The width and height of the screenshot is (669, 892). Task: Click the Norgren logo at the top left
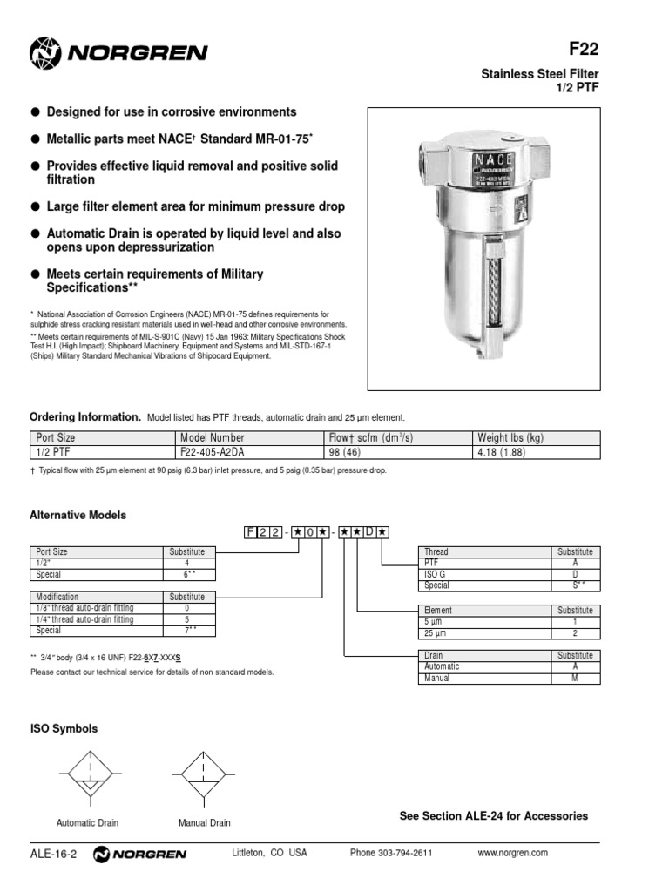pos(118,53)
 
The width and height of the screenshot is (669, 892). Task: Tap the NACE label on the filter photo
pos(492,160)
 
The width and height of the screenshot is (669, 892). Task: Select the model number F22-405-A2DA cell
pos(213,453)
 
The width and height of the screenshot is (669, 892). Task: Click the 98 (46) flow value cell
pos(352,453)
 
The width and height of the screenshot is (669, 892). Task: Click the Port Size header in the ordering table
pos(55,437)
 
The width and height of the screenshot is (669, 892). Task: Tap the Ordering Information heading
pos(85,417)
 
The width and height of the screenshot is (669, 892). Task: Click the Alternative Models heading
pos(78,515)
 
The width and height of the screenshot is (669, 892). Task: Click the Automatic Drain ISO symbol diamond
pos(88,773)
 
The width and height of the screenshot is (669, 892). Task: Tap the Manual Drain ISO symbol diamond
pos(204,773)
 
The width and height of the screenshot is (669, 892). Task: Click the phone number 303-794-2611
pos(391,853)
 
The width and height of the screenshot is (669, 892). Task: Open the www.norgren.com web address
pos(513,853)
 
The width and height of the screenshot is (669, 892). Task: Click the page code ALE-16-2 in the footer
pos(53,854)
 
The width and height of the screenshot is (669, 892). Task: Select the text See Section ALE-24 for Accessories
pos(493,816)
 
